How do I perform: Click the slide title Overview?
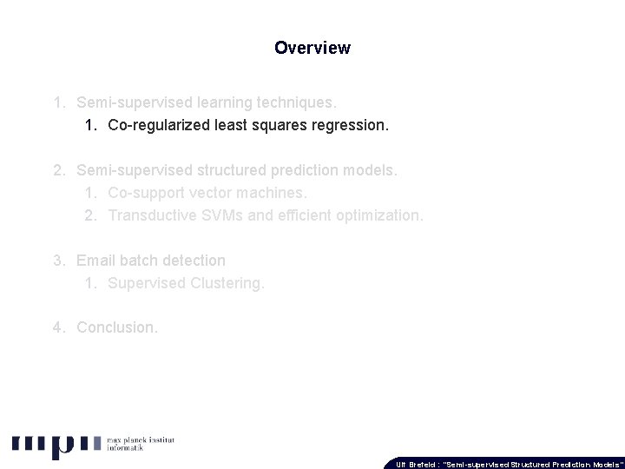[312, 48]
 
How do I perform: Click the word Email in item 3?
[95, 261]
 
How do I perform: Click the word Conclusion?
[117, 327]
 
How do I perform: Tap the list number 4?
[57, 327]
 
